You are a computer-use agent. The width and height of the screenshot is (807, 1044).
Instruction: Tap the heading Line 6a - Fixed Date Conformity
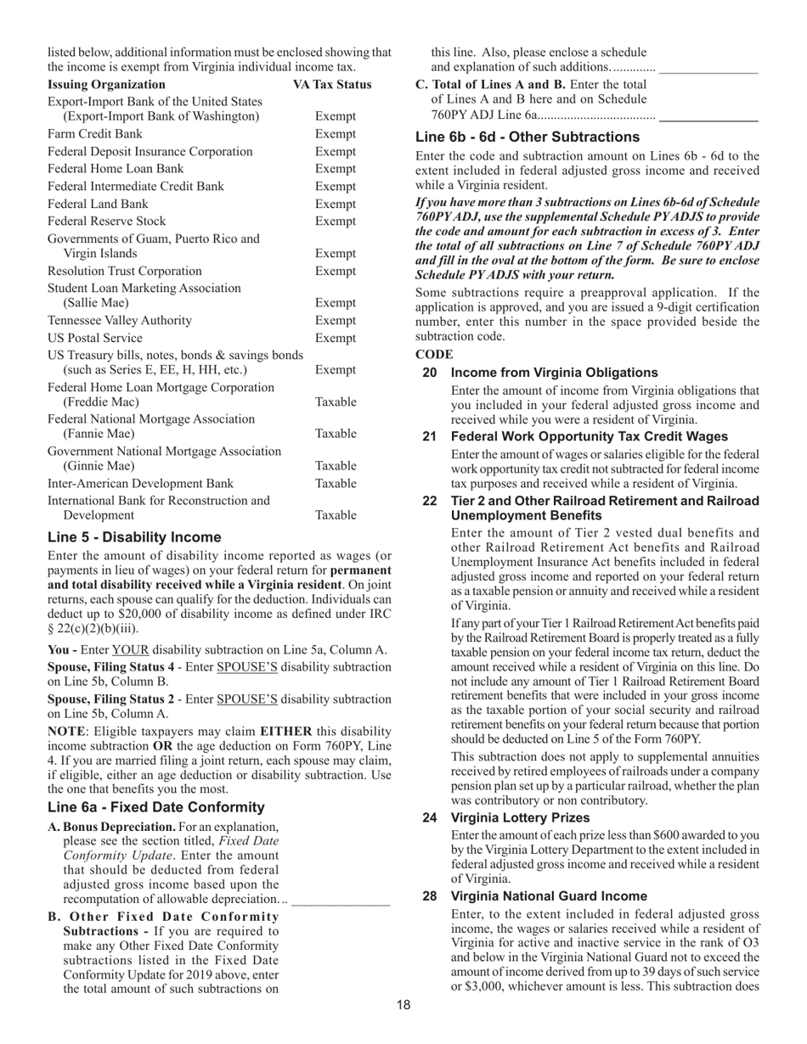click(x=155, y=807)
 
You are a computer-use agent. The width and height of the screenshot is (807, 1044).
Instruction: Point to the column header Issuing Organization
click(x=106, y=85)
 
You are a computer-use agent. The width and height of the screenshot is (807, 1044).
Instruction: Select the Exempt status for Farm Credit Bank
click(x=336, y=134)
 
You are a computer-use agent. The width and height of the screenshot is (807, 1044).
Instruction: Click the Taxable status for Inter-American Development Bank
click(x=336, y=484)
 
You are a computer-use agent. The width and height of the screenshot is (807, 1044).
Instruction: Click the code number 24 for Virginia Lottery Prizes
click(x=430, y=818)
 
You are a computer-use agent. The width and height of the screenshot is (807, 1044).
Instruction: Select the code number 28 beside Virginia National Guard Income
click(x=430, y=896)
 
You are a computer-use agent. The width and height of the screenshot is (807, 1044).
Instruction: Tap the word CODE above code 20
click(x=434, y=355)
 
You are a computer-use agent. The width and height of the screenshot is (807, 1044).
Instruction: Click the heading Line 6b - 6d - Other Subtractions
click(x=528, y=138)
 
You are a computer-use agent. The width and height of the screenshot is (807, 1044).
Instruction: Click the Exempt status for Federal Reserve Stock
click(x=336, y=222)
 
